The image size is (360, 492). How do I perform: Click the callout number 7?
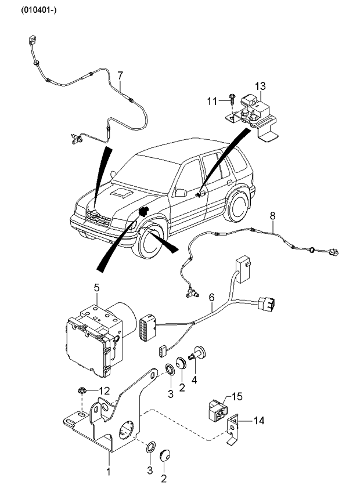tap(120, 75)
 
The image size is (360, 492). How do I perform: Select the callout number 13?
tap(260, 86)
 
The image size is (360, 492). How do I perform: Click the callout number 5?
tap(98, 287)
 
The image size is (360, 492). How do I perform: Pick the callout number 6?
tap(212, 297)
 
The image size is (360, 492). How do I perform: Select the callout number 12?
tap(104, 390)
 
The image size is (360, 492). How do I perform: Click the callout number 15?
tap(237, 397)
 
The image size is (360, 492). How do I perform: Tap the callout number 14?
tap(259, 421)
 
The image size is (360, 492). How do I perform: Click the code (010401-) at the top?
tap(40, 10)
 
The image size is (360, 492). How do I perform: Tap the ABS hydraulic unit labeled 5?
tap(93, 337)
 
